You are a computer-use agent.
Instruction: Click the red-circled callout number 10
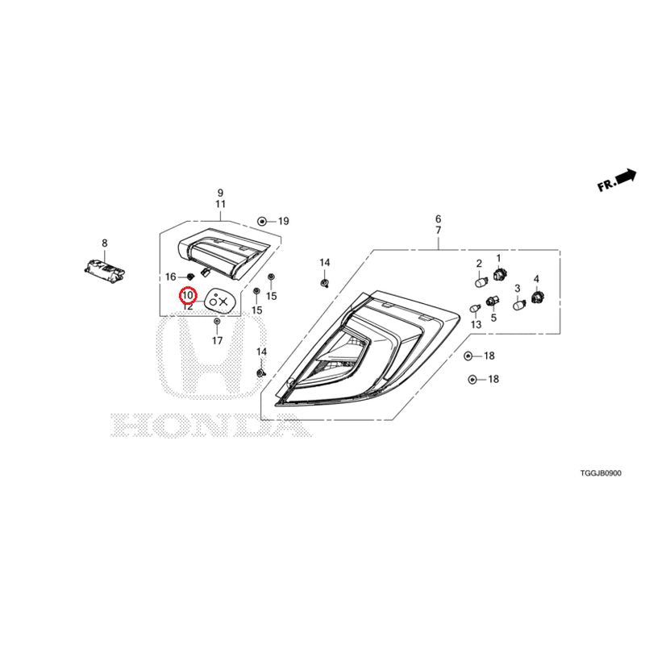pos(188,295)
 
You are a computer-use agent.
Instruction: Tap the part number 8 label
pos(105,243)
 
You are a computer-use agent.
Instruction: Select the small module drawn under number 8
pos(104,270)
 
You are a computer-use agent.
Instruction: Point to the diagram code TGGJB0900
pos(601,473)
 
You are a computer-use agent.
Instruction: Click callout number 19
pos(284,221)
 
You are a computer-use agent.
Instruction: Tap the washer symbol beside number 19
pos(261,222)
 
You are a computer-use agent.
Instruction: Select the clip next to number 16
pos(190,277)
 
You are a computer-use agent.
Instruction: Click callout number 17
pos(217,340)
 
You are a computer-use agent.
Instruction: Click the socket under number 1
pos(499,273)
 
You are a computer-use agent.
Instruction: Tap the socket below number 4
pos(538,297)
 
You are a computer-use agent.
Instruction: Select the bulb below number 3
pos(519,305)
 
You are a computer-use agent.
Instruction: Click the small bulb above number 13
pos(476,308)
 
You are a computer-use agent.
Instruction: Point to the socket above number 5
pos(493,301)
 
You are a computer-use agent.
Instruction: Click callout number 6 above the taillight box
pos(438,218)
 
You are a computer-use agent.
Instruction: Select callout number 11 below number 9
pos(220,204)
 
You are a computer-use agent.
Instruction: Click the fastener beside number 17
pos(217,321)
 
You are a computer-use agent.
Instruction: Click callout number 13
pos(476,325)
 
